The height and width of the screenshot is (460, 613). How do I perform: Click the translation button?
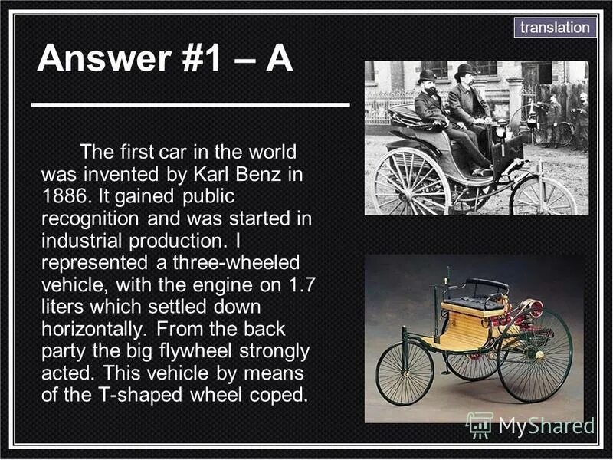[x=556, y=28]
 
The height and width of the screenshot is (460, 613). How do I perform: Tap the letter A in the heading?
[x=280, y=58]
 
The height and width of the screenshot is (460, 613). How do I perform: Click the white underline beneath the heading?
[x=191, y=103]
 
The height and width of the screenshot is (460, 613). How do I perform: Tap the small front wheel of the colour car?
[x=405, y=373]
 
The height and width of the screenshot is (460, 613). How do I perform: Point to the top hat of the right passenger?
[x=464, y=71]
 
